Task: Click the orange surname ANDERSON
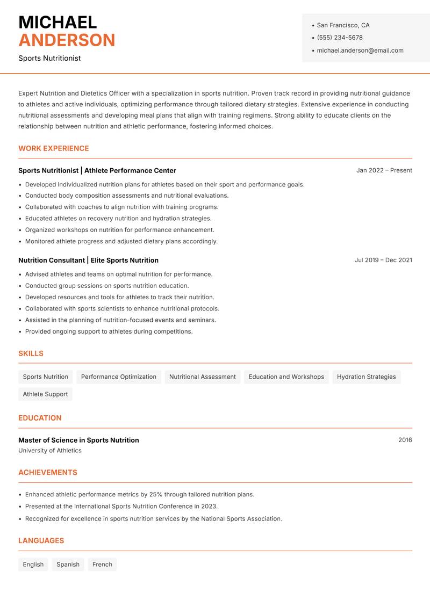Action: [67, 40]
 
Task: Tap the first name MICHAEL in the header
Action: [58, 23]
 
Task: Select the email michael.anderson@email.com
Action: [360, 50]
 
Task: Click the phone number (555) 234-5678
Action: [339, 38]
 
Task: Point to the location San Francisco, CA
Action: [343, 25]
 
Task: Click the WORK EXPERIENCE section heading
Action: [54, 148]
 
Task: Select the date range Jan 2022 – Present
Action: [384, 170]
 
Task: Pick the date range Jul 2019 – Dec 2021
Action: [383, 260]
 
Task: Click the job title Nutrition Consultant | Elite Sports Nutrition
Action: [88, 260]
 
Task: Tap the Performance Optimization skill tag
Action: [118, 377]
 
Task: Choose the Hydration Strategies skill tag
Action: [366, 377]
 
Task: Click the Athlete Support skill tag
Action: [45, 394]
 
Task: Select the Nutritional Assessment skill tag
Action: [202, 377]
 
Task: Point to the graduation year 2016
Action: [405, 440]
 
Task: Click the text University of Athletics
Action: [50, 451]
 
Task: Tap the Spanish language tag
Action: [68, 564]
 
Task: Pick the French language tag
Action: [102, 564]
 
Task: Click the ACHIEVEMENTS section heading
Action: [48, 472]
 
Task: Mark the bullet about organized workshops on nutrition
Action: [119, 230]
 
